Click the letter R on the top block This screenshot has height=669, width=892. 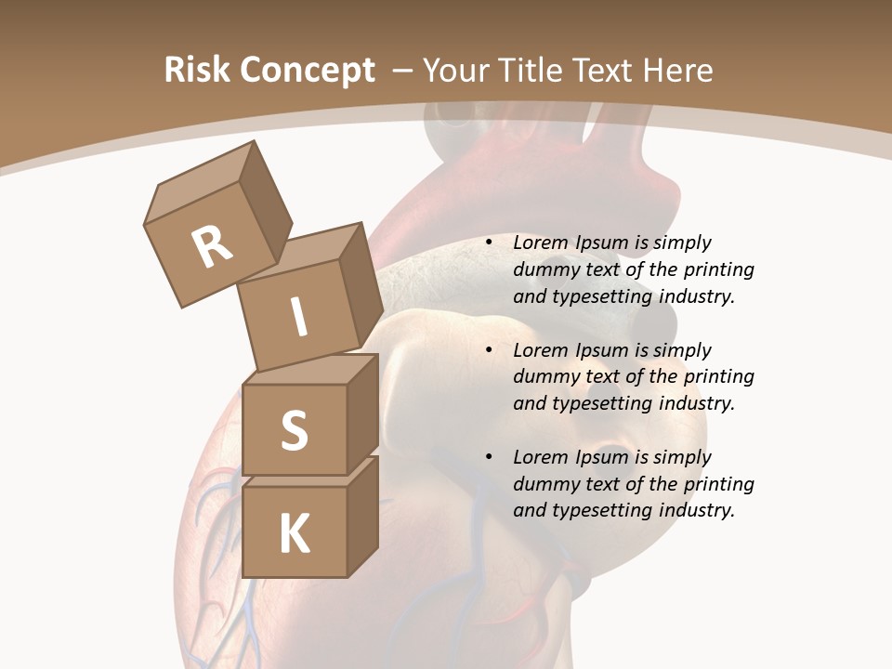[212, 246]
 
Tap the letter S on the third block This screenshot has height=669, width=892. [294, 430]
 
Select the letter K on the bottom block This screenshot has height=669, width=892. [294, 534]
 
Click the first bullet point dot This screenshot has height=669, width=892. [489, 243]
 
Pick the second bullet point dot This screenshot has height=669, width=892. [489, 351]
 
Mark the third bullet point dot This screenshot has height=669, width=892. [489, 458]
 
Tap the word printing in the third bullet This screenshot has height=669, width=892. [719, 484]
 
